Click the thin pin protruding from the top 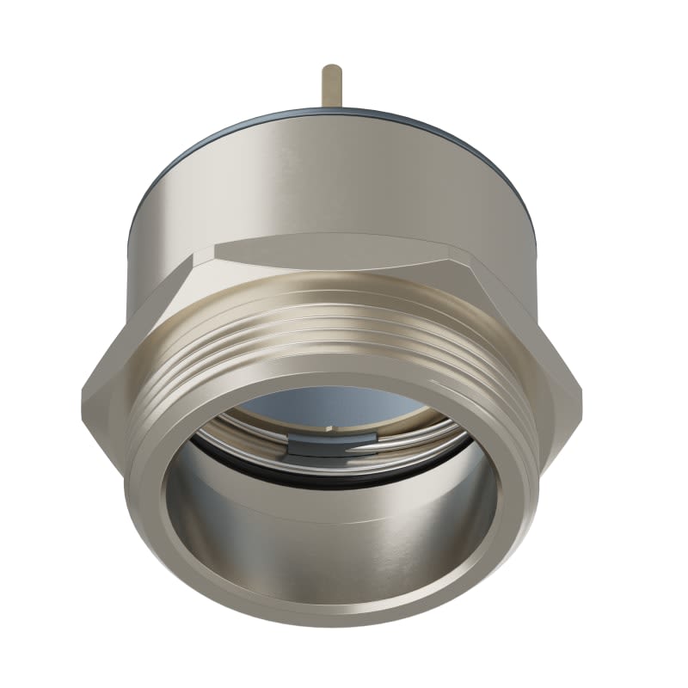[x=331, y=86]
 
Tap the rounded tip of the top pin [x=331, y=67]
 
